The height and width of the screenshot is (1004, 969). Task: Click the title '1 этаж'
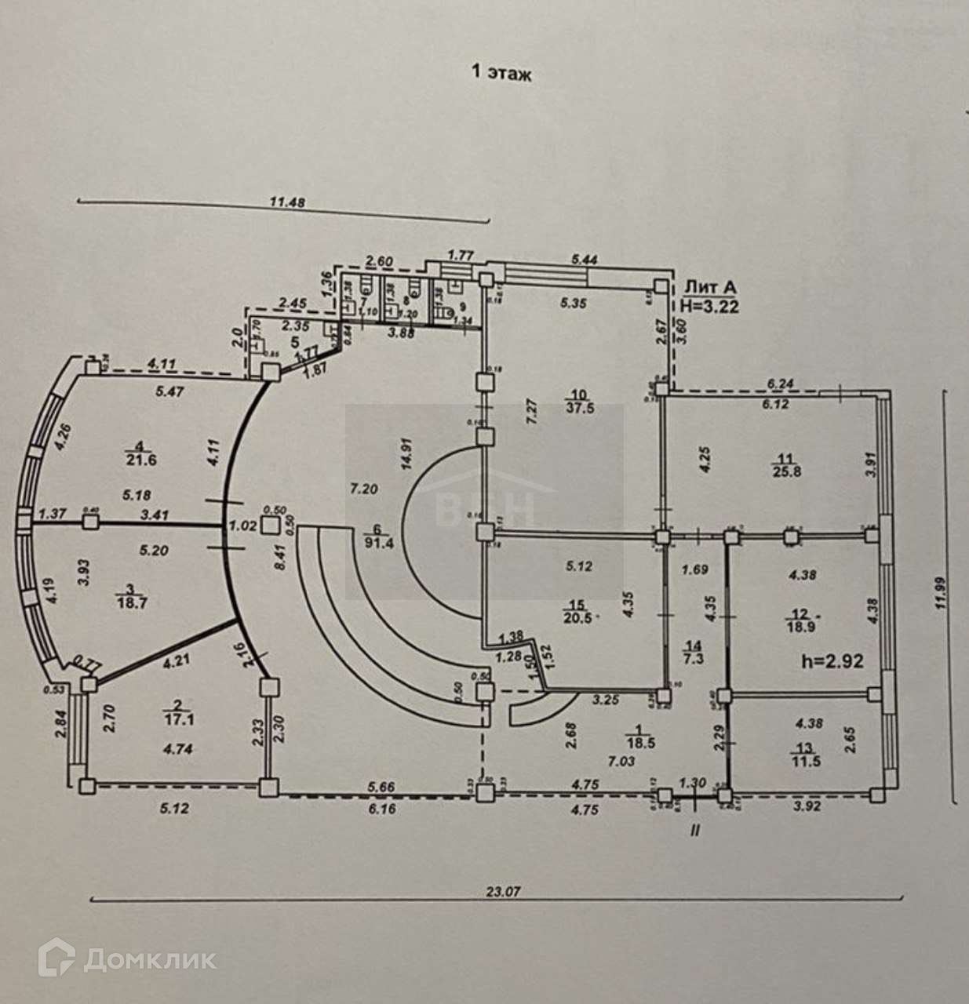coord(501,74)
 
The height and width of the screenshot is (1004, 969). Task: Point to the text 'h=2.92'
coord(832,661)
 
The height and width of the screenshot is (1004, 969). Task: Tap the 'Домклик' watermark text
coord(148,959)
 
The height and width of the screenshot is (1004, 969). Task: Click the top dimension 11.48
coord(286,202)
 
